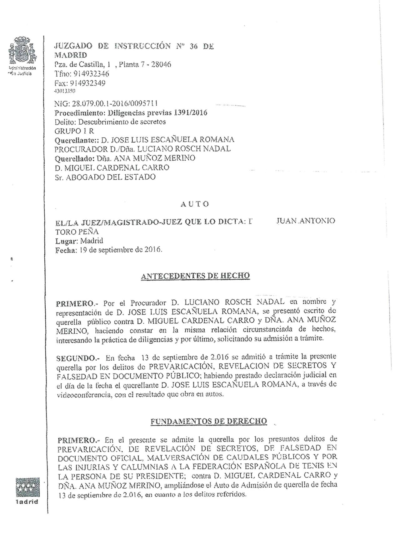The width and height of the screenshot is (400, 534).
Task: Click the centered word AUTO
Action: [195, 204]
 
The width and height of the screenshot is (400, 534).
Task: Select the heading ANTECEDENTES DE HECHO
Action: [195, 276]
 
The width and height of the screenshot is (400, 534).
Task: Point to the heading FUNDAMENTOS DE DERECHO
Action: [209, 421]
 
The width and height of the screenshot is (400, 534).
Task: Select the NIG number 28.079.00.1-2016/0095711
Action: [115, 104]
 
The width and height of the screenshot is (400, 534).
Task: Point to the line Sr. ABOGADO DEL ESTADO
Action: [105, 177]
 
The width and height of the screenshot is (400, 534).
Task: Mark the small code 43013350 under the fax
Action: [65, 91]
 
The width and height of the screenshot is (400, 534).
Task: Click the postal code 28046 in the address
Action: [161, 64]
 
